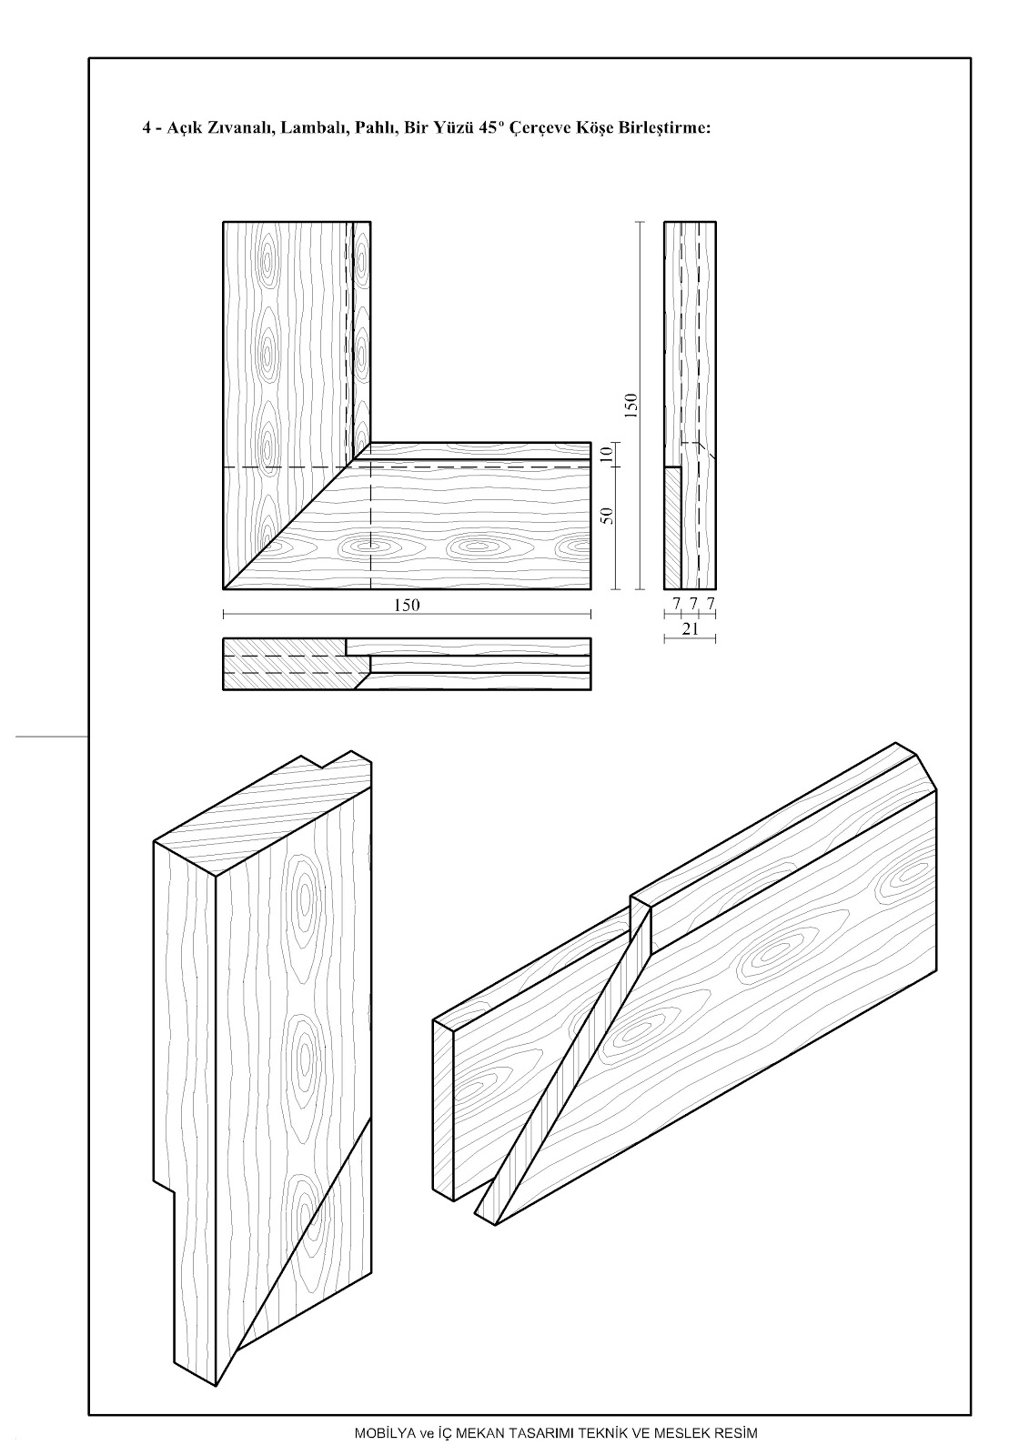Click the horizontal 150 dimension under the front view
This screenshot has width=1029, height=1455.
click(407, 606)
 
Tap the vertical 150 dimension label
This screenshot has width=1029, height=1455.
click(631, 406)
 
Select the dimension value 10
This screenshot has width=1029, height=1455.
click(607, 454)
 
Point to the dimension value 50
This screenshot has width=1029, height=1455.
click(607, 516)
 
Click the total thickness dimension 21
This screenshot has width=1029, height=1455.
click(691, 628)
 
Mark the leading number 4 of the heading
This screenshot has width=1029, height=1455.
click(146, 128)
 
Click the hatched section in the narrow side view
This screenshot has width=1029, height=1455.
click(672, 528)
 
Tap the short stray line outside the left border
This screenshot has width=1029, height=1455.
click(52, 737)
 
